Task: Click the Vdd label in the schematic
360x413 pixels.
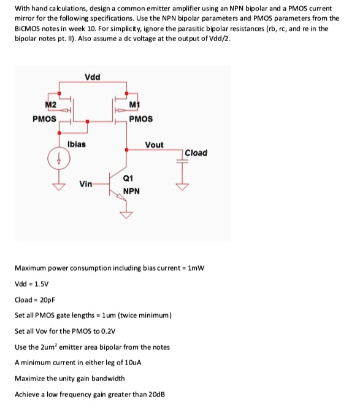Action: pos(93,77)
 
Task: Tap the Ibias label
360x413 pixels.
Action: pos(77,144)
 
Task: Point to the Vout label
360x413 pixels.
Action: pos(154,145)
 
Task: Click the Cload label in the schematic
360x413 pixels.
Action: pos(196,153)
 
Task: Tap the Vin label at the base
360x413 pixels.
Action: pos(86,183)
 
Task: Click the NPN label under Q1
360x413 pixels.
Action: pos(132,191)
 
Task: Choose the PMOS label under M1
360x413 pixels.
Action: pos(142,118)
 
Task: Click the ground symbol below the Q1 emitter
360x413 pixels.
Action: pos(128,214)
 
